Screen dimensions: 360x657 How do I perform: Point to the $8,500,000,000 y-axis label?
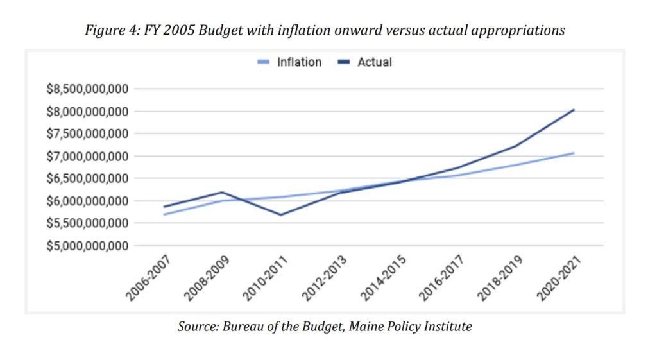[x=87, y=89]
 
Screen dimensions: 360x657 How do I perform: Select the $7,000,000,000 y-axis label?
[x=87, y=156]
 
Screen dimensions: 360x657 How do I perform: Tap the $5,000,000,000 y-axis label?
[x=87, y=246]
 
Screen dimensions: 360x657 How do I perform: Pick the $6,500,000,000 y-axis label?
[x=87, y=178]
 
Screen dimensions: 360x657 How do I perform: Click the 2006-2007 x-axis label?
[x=144, y=277]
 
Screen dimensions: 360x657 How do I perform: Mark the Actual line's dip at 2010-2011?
[x=282, y=215]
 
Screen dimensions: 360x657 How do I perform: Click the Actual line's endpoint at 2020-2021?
[x=574, y=110]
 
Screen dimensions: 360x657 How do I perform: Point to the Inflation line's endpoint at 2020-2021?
[x=574, y=153]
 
